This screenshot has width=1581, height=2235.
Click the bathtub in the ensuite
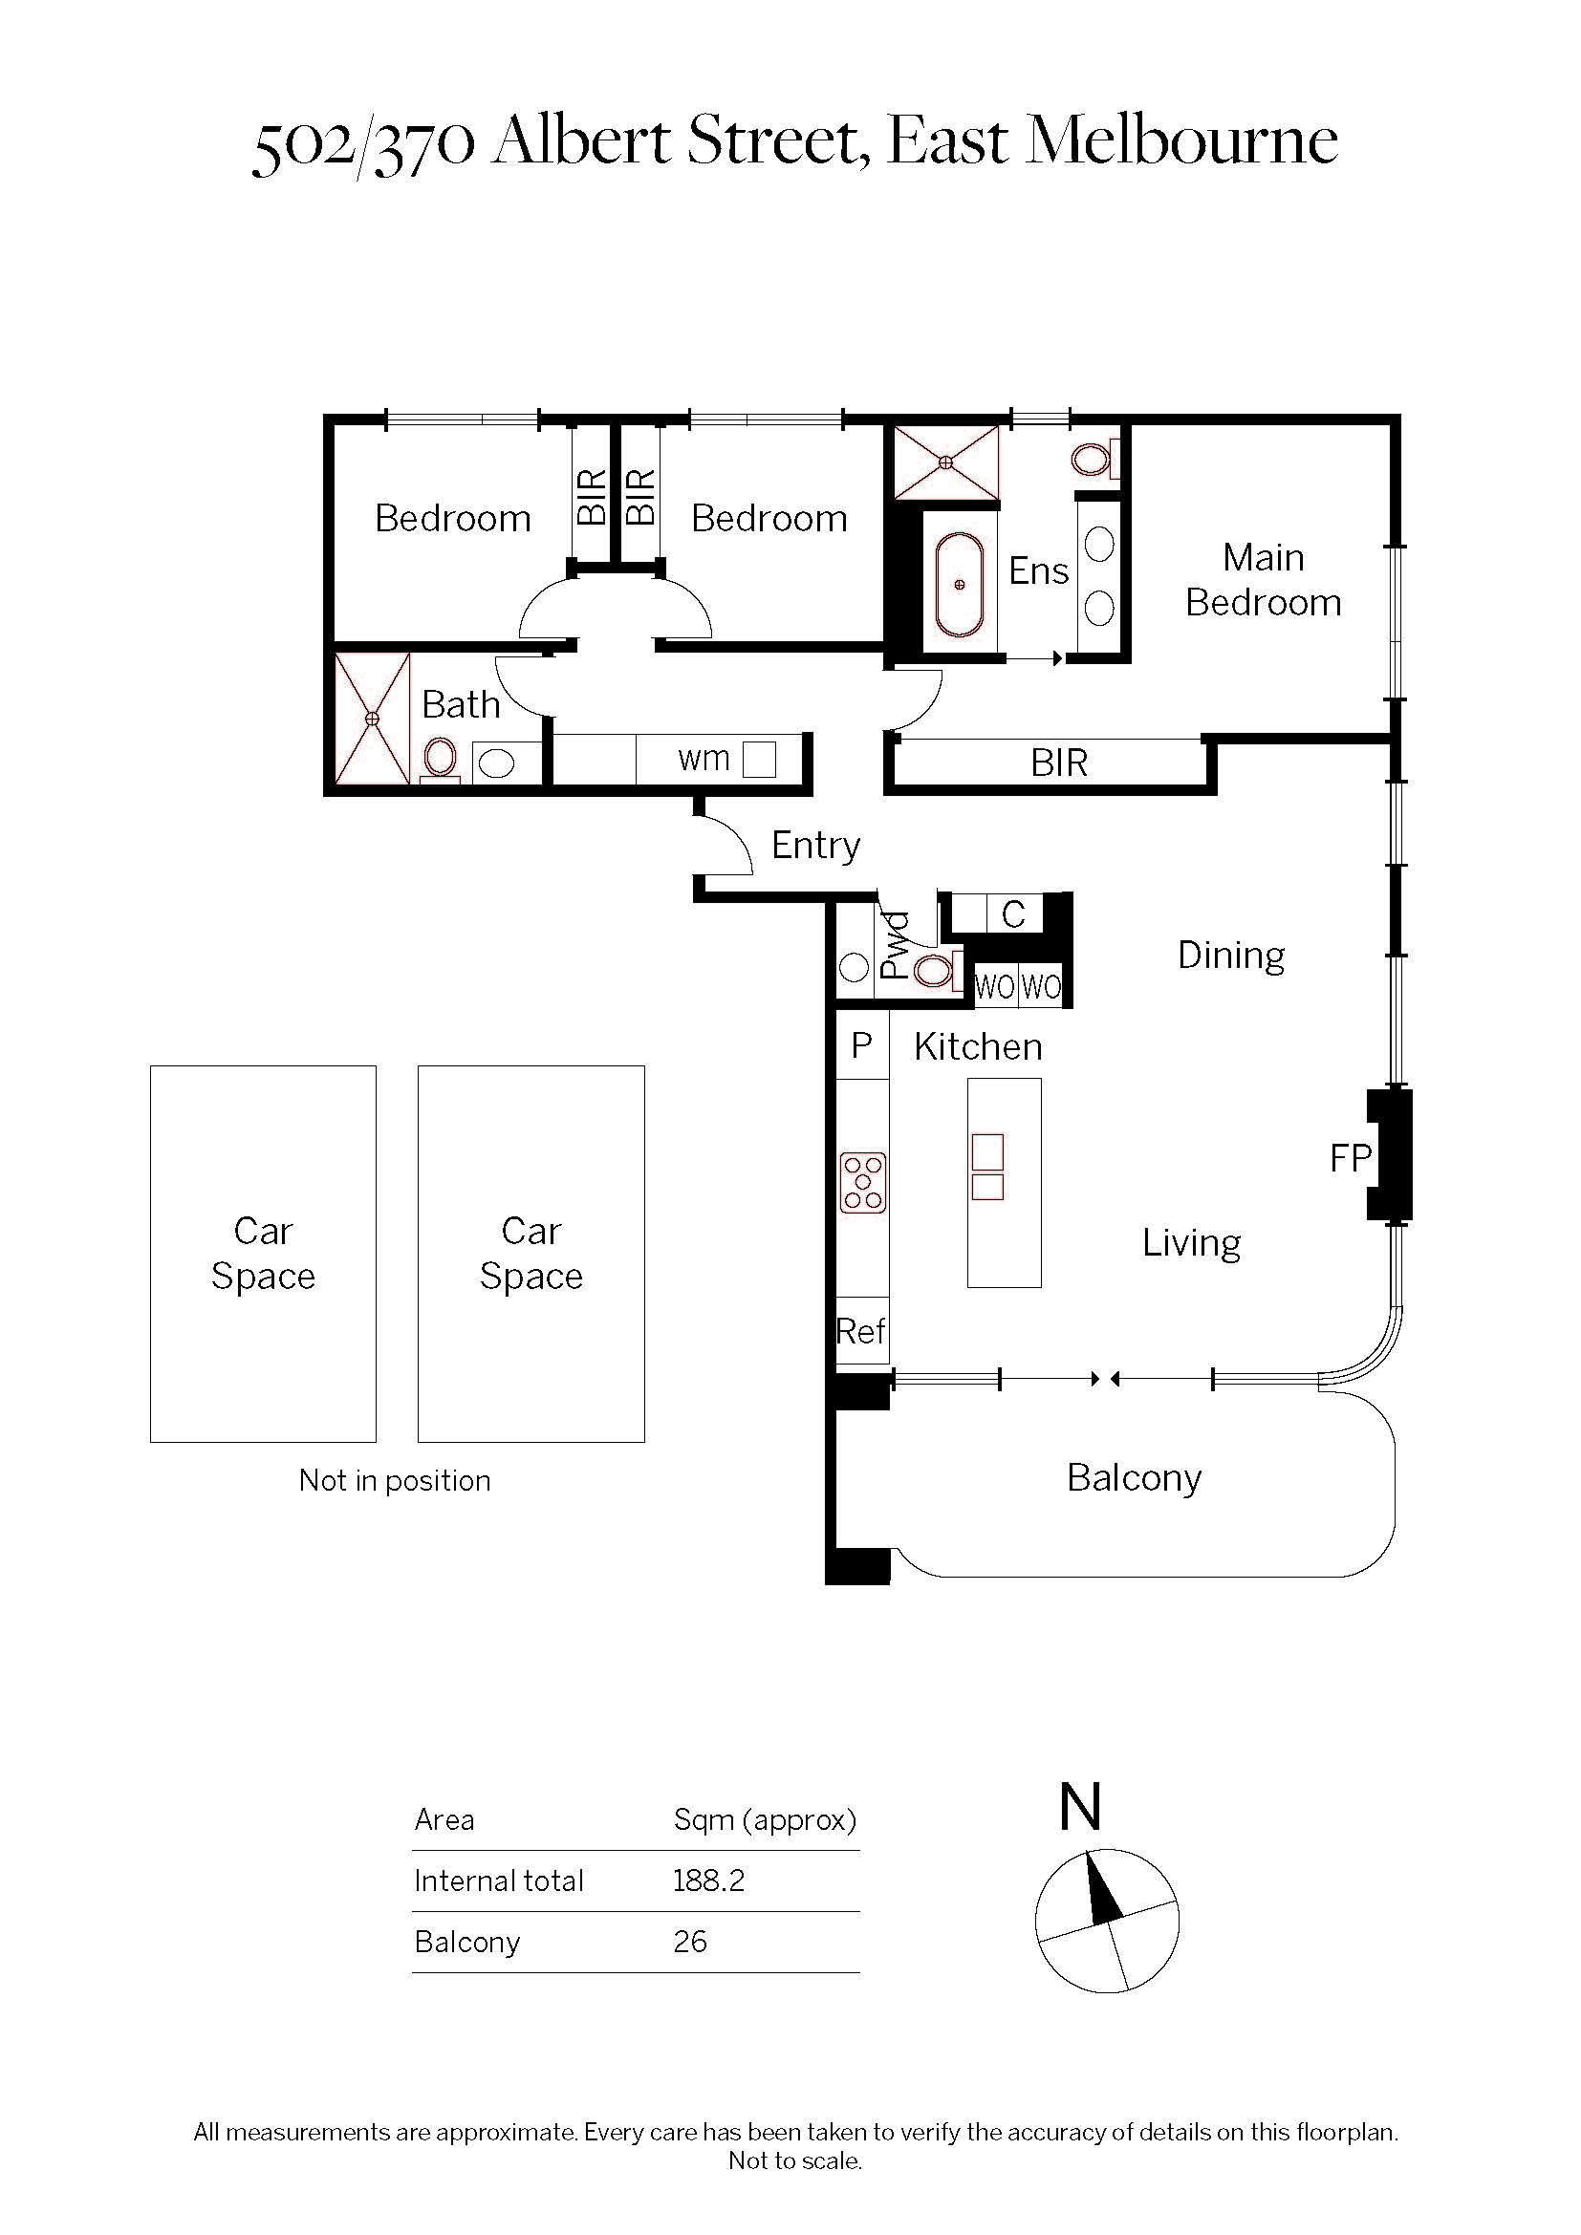pyautogui.click(x=959, y=584)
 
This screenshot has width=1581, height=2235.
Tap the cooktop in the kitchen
pyautogui.click(x=862, y=1183)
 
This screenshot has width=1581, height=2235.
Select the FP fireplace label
pyautogui.click(x=1351, y=1158)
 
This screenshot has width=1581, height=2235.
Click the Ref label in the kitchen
pyautogui.click(x=860, y=1331)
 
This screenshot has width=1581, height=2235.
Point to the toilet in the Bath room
pyautogui.click(x=440, y=760)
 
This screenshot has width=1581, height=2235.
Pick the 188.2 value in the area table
pyautogui.click(x=708, y=1880)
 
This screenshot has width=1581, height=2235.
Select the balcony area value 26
pyautogui.click(x=689, y=1942)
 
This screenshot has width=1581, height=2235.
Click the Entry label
pyautogui.click(x=815, y=846)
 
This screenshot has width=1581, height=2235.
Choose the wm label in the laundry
pyautogui.click(x=704, y=759)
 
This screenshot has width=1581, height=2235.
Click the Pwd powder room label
pyautogui.click(x=895, y=944)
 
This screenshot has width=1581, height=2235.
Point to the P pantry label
pyautogui.click(x=861, y=1045)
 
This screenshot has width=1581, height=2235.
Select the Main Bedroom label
pyautogui.click(x=1264, y=580)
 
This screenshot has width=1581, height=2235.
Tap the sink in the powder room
pyautogui.click(x=854, y=968)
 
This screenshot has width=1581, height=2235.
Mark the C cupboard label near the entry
pyautogui.click(x=1013, y=915)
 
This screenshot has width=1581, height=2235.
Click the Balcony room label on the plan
pyautogui.click(x=1135, y=1477)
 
